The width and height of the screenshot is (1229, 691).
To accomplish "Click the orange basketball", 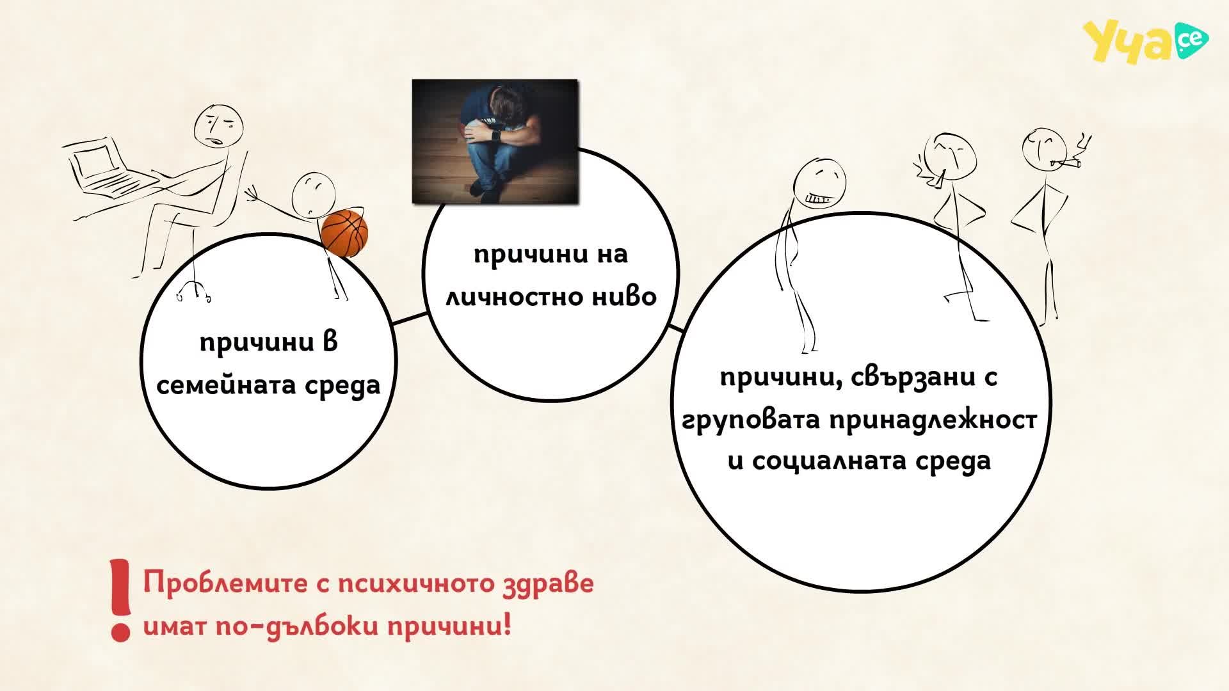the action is [344, 234].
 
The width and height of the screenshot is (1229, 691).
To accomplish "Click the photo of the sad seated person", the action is [495, 141].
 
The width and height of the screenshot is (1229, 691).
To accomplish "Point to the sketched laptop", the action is [109, 167].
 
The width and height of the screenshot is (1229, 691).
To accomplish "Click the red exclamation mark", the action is [120, 600].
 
